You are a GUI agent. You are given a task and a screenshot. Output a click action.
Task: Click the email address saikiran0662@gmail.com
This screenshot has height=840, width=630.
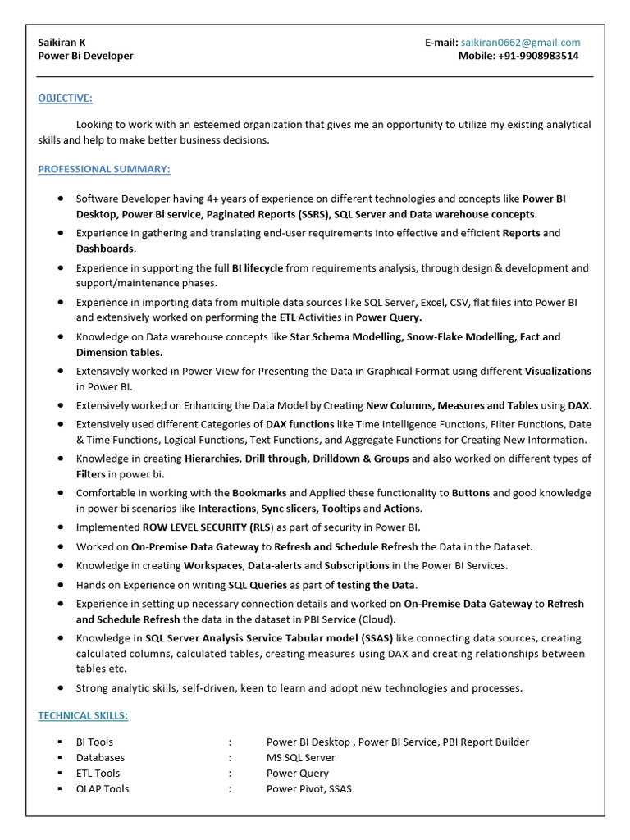coord(520,43)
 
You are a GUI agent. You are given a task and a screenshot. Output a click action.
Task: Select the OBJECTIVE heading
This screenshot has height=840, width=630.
coord(65,98)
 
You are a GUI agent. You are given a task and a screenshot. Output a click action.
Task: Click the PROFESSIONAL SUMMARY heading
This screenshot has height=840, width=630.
coord(104,169)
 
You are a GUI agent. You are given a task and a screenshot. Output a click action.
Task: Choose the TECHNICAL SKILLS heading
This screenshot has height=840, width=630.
coord(83,716)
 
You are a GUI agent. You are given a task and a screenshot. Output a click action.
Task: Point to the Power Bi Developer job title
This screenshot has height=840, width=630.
coord(85,57)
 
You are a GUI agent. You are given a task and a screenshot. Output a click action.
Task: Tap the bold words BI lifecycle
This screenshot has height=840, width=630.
coord(258,268)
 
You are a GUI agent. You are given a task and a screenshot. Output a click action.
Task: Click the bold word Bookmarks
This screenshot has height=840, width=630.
coord(259,494)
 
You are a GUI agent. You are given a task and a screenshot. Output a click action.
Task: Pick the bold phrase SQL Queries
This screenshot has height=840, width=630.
coord(258,586)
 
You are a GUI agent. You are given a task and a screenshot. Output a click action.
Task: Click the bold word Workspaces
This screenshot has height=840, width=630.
coord(213,566)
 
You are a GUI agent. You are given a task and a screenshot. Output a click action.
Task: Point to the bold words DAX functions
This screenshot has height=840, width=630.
coord(299,425)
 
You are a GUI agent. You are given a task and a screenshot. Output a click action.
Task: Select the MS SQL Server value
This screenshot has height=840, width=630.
coord(300,758)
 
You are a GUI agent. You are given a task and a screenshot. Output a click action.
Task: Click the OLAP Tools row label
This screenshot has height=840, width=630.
coord(103,789)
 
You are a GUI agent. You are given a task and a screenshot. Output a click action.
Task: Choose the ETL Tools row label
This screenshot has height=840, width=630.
coord(98,774)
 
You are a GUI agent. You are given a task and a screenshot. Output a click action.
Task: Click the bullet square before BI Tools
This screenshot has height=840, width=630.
coord(60,742)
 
